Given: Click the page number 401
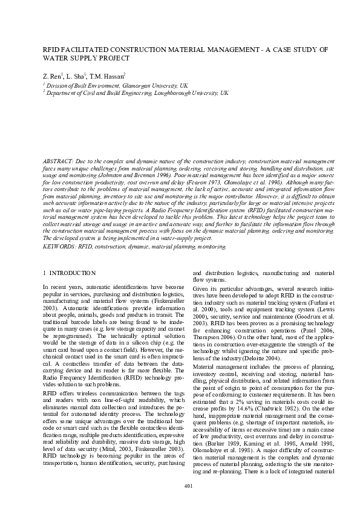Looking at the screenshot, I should [x=188, y=487].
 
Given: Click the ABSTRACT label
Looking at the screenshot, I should [x=57, y=163].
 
